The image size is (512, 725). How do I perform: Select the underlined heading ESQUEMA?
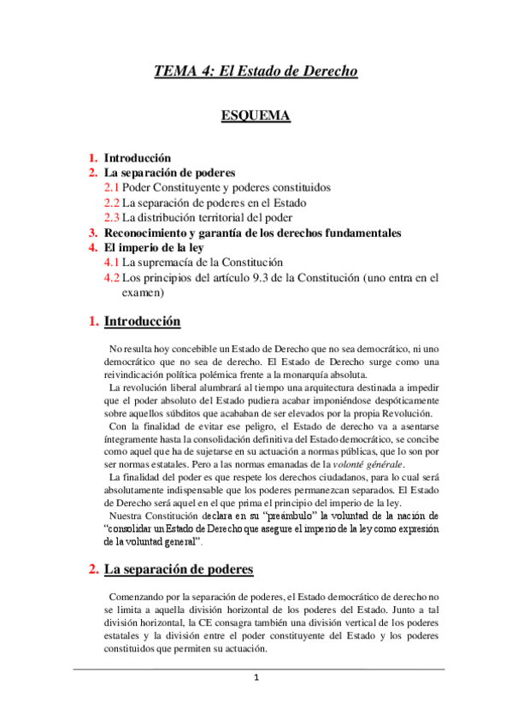(x=256, y=116)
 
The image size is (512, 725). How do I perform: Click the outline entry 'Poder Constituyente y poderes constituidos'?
(x=227, y=187)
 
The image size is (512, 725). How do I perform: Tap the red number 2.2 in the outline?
(x=111, y=203)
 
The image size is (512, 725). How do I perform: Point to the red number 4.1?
(x=111, y=262)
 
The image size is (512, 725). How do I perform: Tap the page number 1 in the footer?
(x=256, y=678)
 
